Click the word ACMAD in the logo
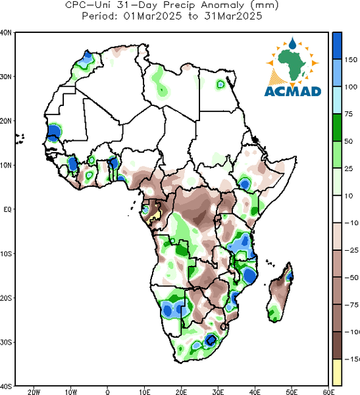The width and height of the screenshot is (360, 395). pos(293,92)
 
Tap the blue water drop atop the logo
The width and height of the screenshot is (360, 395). pos(292,43)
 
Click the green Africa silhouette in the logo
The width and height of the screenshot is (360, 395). pos(292,65)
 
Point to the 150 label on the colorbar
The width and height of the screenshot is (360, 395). pos(351,60)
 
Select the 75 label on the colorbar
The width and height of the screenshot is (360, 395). pos(349,114)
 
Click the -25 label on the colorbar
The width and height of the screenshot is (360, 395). pos(351,250)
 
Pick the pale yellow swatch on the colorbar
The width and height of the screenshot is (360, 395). pos(337,372)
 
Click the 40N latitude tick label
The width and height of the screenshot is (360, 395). pos(5,32)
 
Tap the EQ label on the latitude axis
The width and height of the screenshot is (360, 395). pos(7,209)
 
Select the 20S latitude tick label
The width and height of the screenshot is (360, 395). pos(6,298)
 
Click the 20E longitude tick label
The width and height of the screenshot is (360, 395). pos(182,392)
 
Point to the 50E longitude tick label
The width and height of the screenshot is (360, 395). pos(292,392)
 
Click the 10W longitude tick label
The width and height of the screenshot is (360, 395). pos(71,392)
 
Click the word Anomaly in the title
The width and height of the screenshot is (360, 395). pos(222,5)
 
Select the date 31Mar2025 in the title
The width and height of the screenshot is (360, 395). pos(233,16)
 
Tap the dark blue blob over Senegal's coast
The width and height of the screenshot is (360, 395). pos(54,132)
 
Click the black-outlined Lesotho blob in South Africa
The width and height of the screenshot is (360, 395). pos(211,340)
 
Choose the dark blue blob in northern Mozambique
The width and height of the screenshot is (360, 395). pos(249,275)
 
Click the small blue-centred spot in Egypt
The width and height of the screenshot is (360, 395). pos(220,84)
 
